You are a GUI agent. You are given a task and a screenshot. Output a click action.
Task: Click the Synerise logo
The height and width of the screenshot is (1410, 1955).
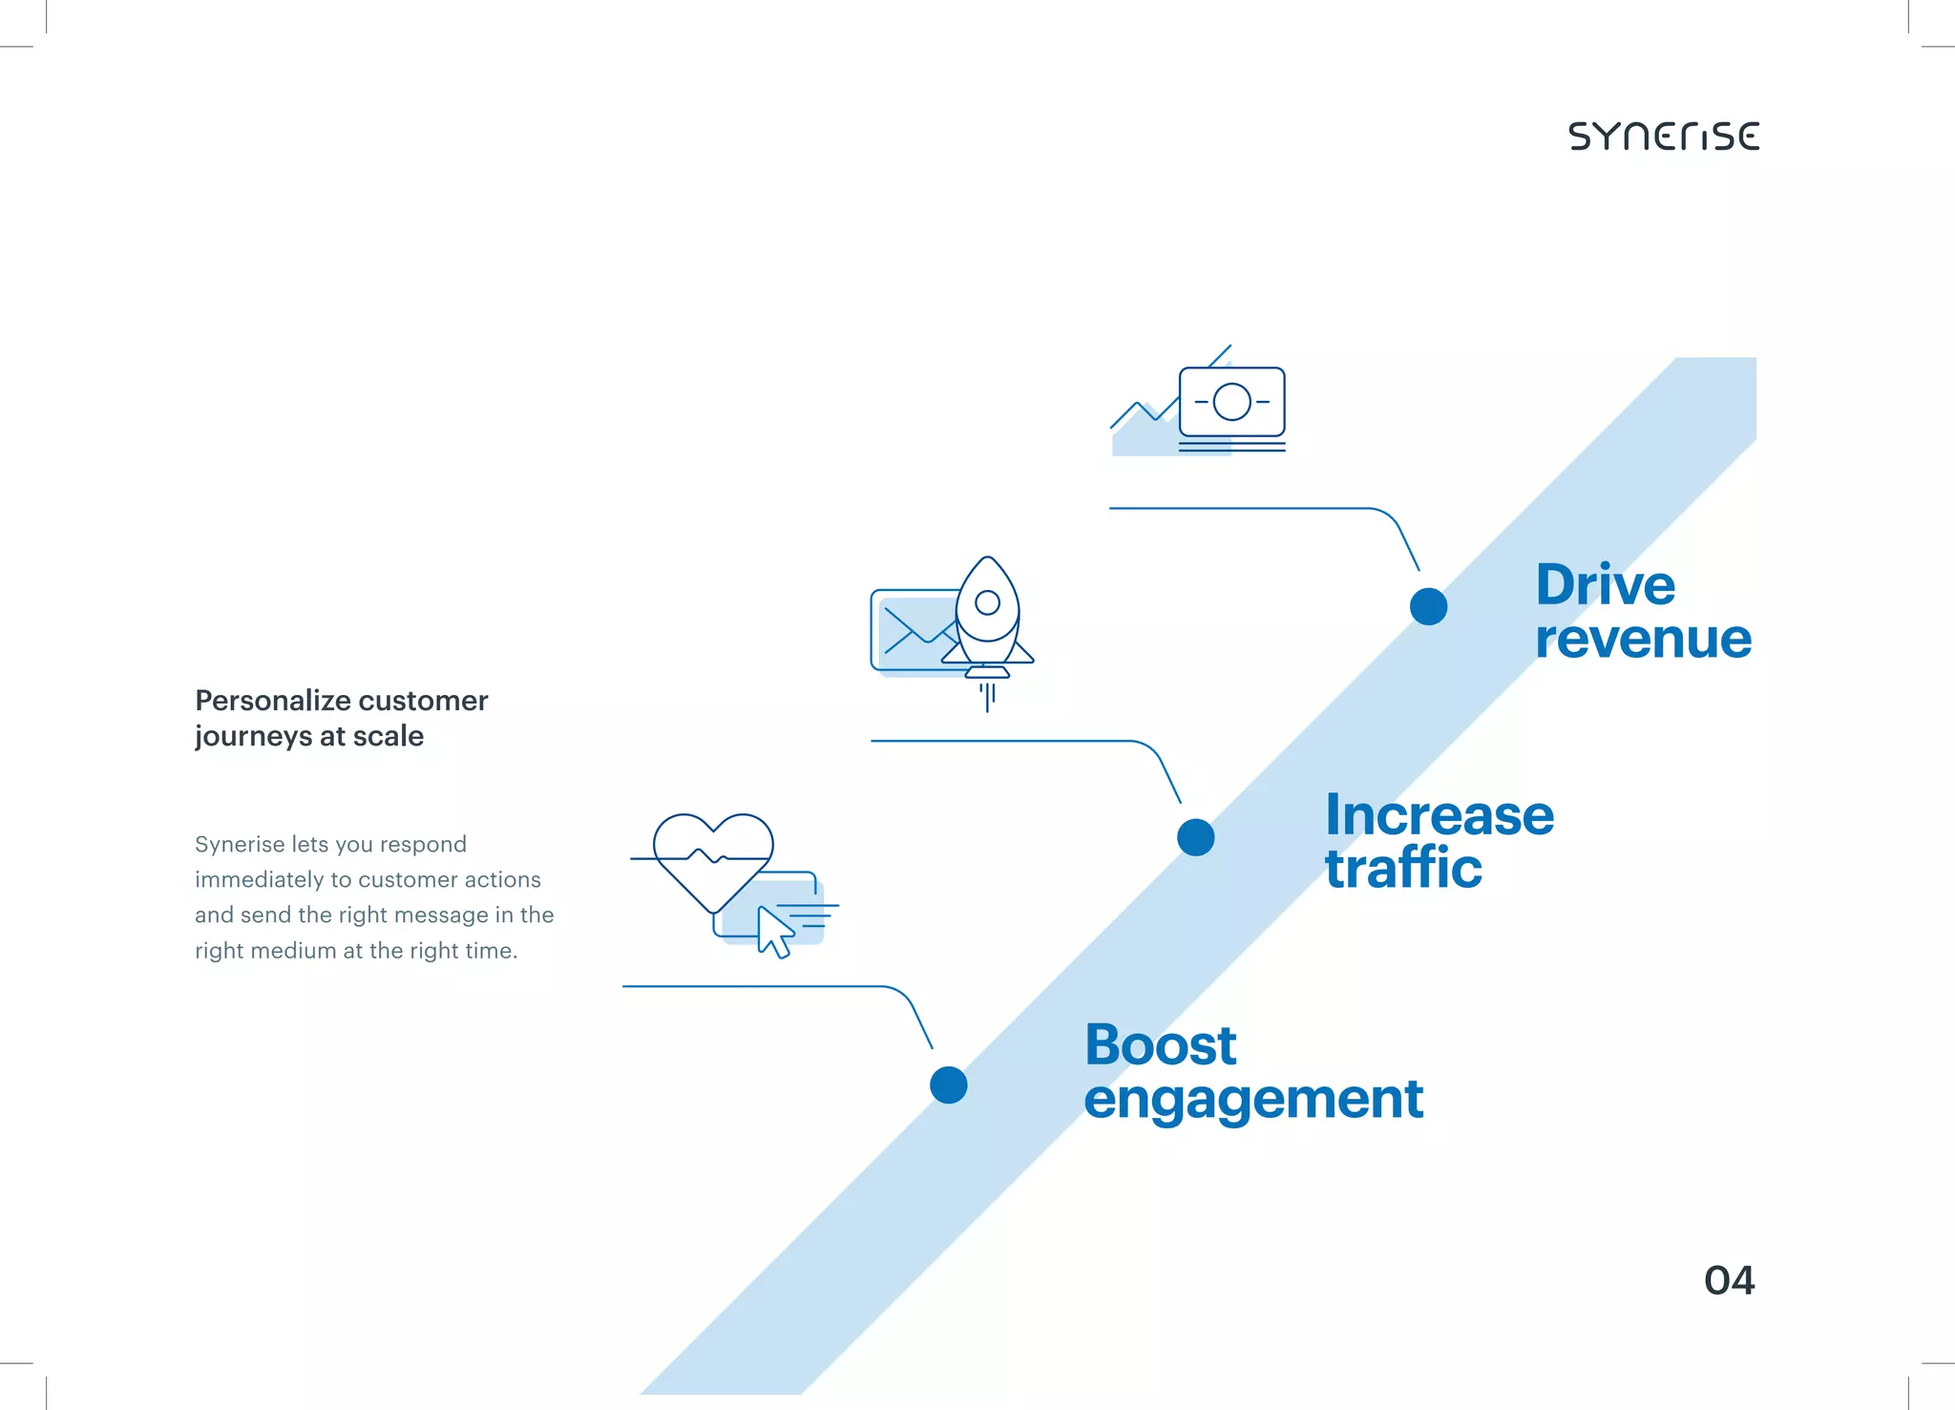coord(1664,137)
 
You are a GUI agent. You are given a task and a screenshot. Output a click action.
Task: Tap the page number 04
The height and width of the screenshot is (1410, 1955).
coord(1729,1281)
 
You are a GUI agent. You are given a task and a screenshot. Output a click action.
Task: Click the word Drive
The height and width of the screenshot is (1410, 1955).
coord(1605,585)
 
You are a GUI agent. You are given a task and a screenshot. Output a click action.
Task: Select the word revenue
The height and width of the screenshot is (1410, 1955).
coord(1643,640)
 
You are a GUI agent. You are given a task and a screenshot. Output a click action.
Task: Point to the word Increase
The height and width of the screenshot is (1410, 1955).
coord(1440,816)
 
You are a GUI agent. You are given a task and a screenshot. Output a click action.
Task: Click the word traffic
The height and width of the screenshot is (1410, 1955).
coord(1403,869)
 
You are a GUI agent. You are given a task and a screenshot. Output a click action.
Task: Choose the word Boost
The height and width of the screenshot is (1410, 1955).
coord(1161,1045)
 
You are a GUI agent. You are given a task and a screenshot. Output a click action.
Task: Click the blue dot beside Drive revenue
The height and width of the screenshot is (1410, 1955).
coord(1428,606)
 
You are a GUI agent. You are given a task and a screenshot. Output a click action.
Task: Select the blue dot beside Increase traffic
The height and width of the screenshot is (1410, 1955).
coord(1195,837)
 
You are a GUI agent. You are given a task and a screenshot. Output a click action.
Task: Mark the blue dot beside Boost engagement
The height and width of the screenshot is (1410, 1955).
coord(948,1084)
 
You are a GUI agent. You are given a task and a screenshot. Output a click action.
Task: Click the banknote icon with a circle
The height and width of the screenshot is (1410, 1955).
coord(1231,402)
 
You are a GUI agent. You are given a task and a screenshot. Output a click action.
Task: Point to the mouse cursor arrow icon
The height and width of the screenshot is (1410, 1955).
coord(774,932)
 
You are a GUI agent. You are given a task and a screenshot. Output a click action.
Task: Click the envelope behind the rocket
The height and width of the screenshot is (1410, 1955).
coord(912,631)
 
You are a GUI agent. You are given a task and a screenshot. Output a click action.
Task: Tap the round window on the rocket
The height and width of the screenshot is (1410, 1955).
coord(988,602)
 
